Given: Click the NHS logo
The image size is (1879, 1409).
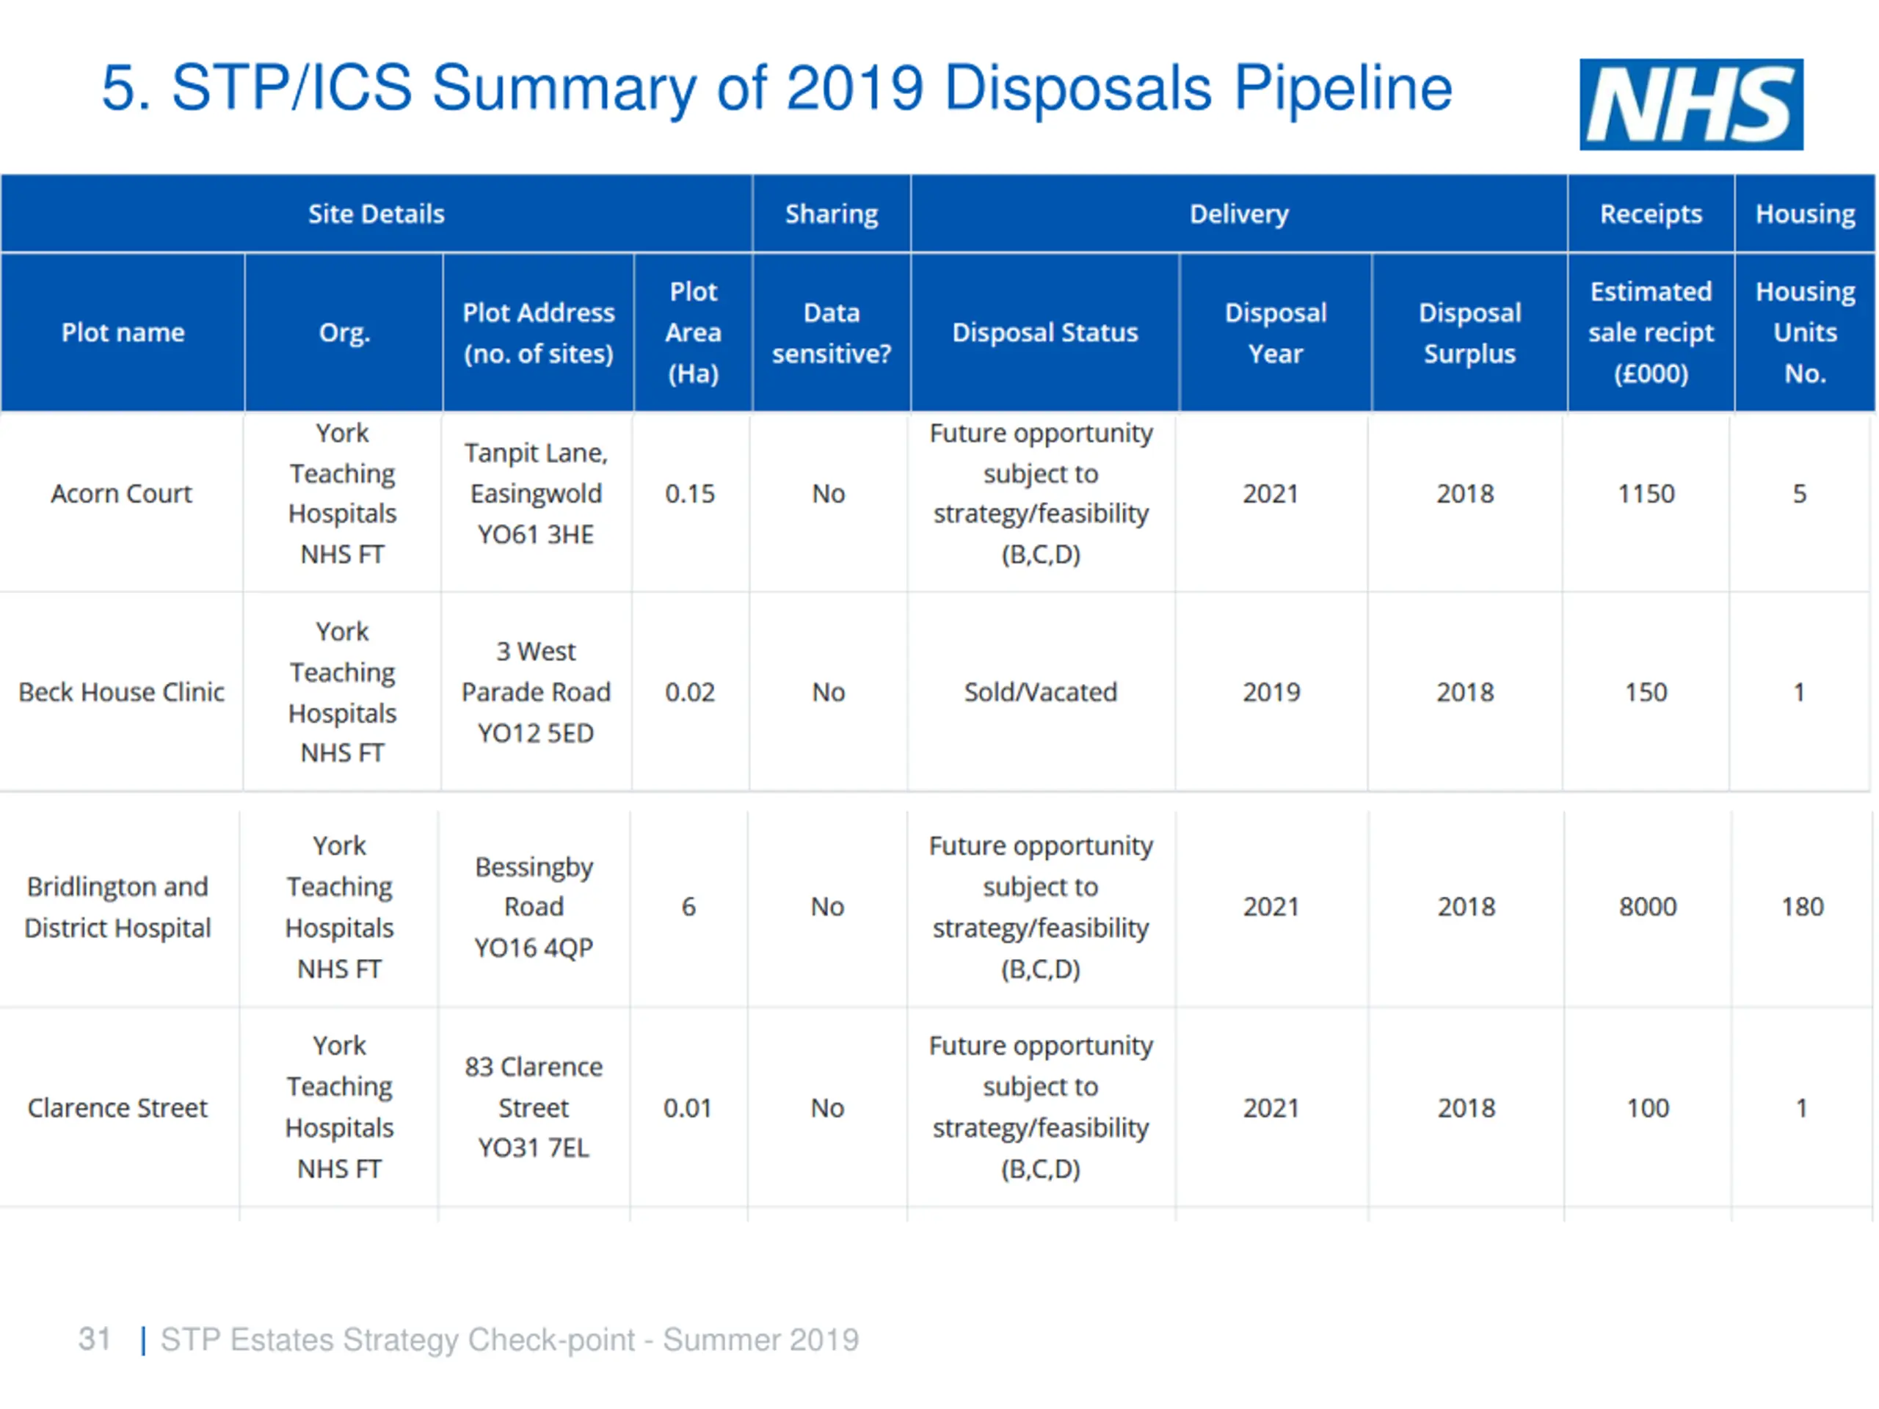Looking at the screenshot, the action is [x=1690, y=104].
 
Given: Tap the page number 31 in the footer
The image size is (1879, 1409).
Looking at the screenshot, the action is [x=94, y=1339].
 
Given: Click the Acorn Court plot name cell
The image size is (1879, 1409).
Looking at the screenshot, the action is [x=121, y=493].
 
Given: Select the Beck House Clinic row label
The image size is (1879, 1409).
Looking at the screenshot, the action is [x=121, y=692].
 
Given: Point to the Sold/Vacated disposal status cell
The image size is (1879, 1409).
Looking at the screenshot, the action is [x=1041, y=692].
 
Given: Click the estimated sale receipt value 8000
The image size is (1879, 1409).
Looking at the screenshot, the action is [x=1647, y=907].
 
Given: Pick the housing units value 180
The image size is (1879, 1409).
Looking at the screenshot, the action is [x=1802, y=907].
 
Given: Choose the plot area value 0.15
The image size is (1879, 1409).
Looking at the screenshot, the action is [x=690, y=493].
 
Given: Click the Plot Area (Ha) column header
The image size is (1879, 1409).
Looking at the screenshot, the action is [x=693, y=332].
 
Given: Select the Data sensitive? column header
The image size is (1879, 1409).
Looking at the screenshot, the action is [x=832, y=333].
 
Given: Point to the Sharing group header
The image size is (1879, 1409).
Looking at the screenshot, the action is [x=832, y=214].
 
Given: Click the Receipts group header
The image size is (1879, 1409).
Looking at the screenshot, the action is [x=1651, y=214].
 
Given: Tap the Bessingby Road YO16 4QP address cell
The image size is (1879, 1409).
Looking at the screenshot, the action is [x=534, y=907].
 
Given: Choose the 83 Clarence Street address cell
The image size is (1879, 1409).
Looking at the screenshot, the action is [x=534, y=1107].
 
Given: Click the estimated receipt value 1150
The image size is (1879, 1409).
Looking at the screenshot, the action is [x=1646, y=493].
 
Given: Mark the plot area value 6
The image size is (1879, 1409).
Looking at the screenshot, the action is [x=688, y=907].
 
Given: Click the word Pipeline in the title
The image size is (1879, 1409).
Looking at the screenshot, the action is [x=1342, y=88].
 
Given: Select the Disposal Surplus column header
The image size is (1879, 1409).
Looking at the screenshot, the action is [x=1469, y=333].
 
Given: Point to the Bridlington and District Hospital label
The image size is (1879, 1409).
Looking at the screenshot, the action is [x=117, y=907].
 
